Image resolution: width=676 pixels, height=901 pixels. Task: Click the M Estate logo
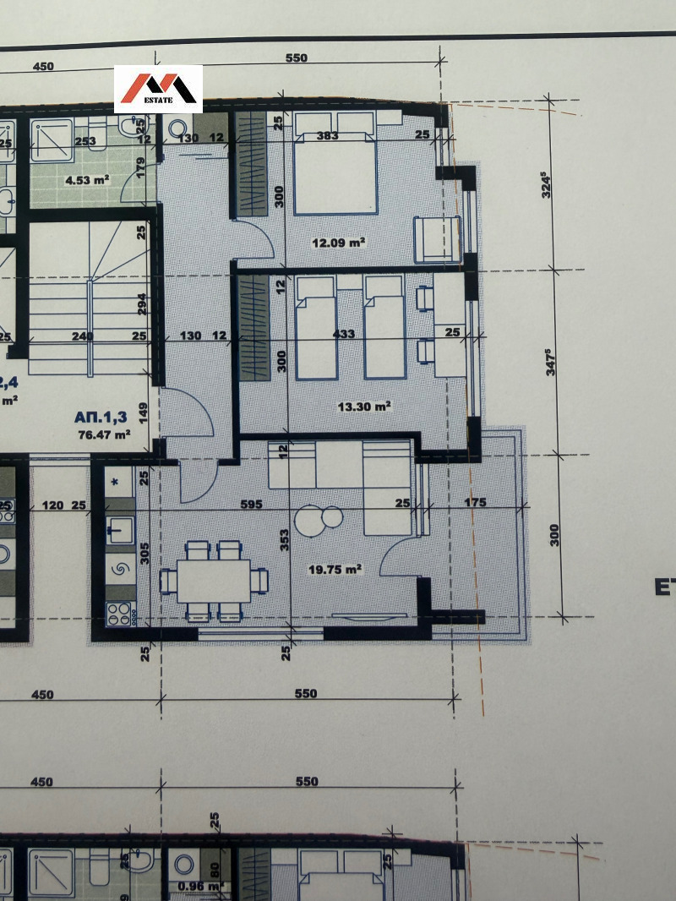pos(158,89)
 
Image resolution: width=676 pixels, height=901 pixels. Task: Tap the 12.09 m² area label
pos(339,243)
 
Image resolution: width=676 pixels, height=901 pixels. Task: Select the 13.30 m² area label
pos(364,407)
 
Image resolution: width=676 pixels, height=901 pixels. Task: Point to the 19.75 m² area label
pos(335,570)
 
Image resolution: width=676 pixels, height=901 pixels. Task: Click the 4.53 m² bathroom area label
pos(88,179)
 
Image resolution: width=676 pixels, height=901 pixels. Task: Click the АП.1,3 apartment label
pos(102,418)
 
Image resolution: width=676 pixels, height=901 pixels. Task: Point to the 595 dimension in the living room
pos(251,504)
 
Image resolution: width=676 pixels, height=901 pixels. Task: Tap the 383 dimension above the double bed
pos(327,135)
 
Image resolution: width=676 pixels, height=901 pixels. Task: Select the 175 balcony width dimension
pos(475,504)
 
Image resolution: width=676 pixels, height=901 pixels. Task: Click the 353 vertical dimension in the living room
pos(286,540)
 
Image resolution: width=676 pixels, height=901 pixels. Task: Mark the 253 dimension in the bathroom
pos(84,142)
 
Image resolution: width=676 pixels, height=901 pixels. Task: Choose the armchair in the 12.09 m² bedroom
pos(436,238)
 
